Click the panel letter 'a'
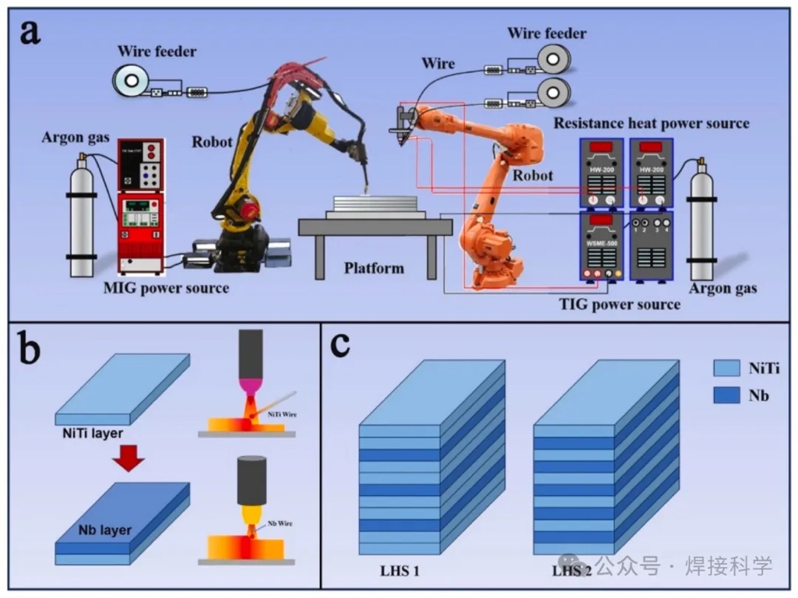point(30,33)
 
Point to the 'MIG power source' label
point(167,289)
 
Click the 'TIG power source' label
point(620,304)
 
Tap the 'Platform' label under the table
point(374,269)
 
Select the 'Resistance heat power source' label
point(651,123)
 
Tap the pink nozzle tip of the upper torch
point(251,385)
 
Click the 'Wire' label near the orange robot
point(438,63)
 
